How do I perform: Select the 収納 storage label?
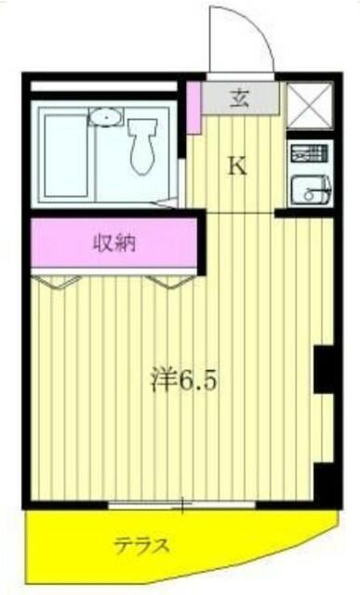point(114,243)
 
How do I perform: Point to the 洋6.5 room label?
point(184,380)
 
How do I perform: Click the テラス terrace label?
point(141,546)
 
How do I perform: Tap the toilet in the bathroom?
point(142,146)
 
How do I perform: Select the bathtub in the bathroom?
point(66,156)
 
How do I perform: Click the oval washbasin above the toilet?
point(106,116)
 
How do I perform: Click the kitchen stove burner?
point(309,152)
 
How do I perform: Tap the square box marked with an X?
point(310,105)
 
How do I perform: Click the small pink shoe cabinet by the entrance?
point(193,108)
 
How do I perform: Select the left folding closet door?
point(56,282)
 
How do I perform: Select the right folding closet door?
point(170,282)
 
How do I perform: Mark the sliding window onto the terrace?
point(181,505)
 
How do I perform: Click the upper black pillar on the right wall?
point(324,369)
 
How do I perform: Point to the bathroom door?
point(167,204)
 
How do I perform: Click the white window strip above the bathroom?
point(103,86)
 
